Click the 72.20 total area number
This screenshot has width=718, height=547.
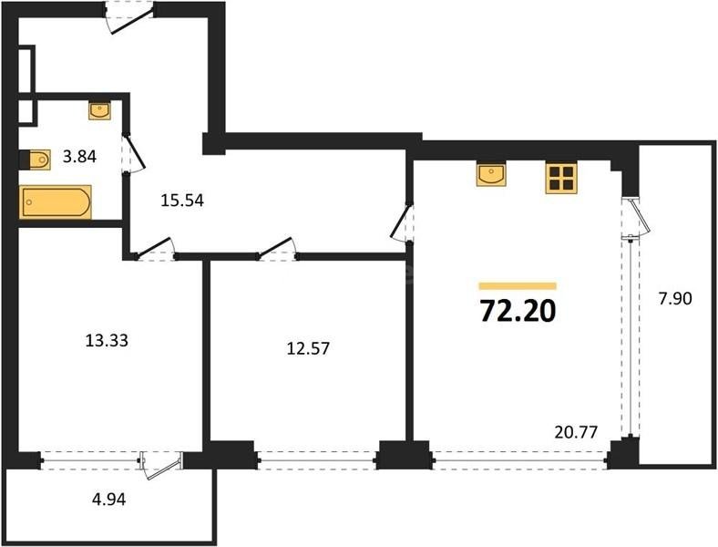[x=517, y=311]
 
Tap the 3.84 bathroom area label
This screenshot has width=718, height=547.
[x=79, y=157]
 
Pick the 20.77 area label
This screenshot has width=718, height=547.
[x=575, y=433]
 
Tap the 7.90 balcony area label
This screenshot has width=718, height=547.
[x=675, y=297]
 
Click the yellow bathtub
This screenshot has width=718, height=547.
[x=56, y=201]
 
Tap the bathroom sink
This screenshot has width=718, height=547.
[x=99, y=111]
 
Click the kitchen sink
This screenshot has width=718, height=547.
[x=492, y=174]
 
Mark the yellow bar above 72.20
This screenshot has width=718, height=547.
[x=517, y=285]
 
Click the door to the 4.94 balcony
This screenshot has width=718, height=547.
[x=162, y=464]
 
